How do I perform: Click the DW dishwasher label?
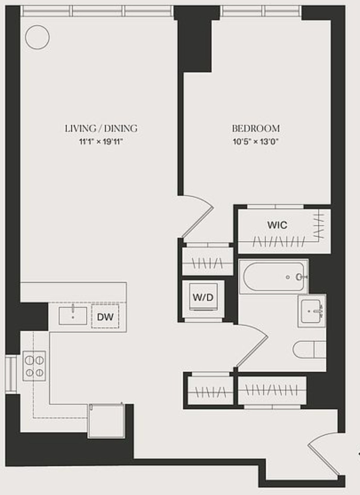click(105, 317)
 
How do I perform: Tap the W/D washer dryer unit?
click(203, 297)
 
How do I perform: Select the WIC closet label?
click(277, 225)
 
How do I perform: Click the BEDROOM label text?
click(256, 129)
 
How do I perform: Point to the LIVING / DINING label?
click(101, 129)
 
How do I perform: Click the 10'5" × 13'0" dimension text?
click(256, 142)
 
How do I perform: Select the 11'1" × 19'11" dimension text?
click(101, 142)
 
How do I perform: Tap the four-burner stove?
click(34, 366)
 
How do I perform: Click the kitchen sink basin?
click(73, 316)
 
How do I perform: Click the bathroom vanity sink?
click(312, 311)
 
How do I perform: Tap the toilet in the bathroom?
click(310, 349)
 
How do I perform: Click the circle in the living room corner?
click(37, 37)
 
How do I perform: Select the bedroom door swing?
click(198, 216)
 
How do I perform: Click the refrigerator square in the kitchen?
click(106, 421)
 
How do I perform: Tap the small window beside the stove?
click(11, 374)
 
